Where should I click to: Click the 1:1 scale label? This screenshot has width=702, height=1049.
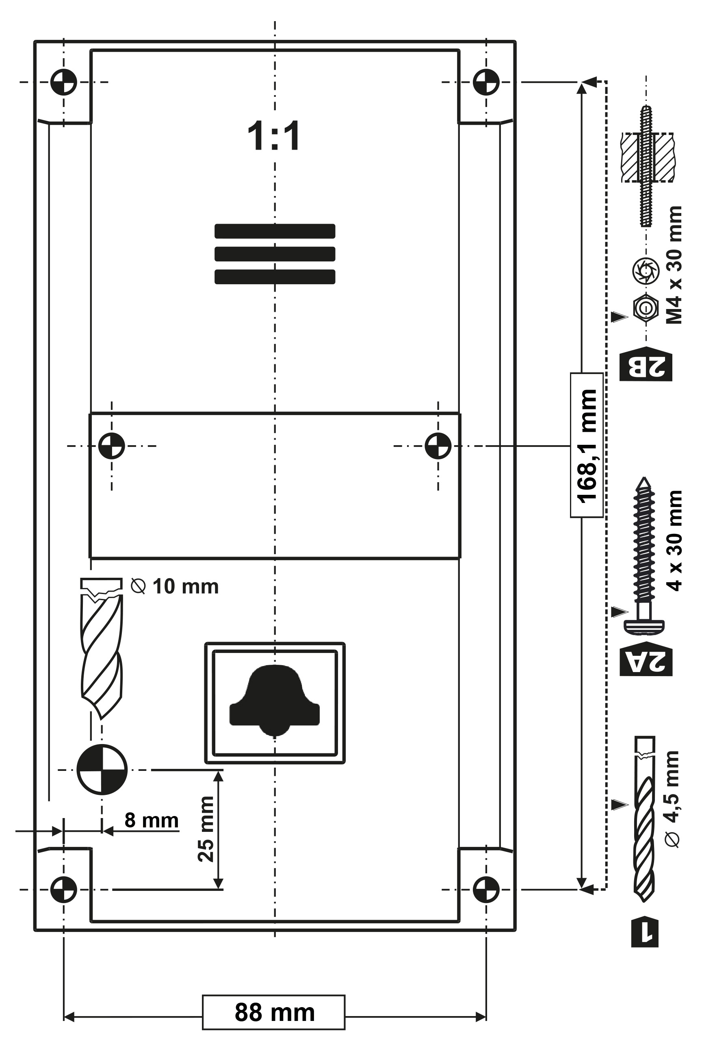274,136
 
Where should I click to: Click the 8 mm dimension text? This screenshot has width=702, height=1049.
151,820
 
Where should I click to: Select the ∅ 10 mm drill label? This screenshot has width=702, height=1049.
175,586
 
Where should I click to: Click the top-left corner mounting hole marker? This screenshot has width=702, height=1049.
63,82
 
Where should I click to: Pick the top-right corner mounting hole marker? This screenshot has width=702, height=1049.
486,82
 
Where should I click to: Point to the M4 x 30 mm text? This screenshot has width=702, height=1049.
674,265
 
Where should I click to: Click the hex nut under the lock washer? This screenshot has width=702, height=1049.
646,308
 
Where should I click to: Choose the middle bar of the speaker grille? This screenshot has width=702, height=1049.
275,254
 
